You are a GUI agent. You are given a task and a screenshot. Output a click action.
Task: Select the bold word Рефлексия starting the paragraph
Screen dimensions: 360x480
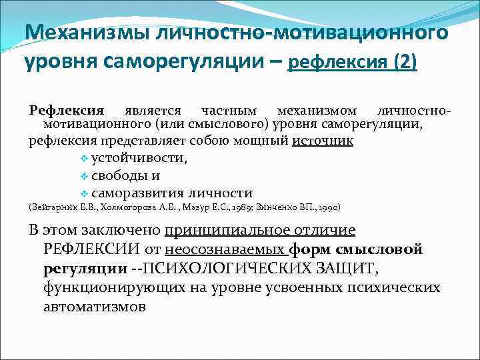(x=67, y=110)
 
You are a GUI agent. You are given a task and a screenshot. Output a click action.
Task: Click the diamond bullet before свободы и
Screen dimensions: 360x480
(x=83, y=177)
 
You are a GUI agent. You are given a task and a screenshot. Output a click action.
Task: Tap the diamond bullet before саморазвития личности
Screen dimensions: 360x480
(x=83, y=194)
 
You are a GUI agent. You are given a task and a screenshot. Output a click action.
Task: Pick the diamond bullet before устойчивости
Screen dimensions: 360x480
(x=83, y=159)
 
